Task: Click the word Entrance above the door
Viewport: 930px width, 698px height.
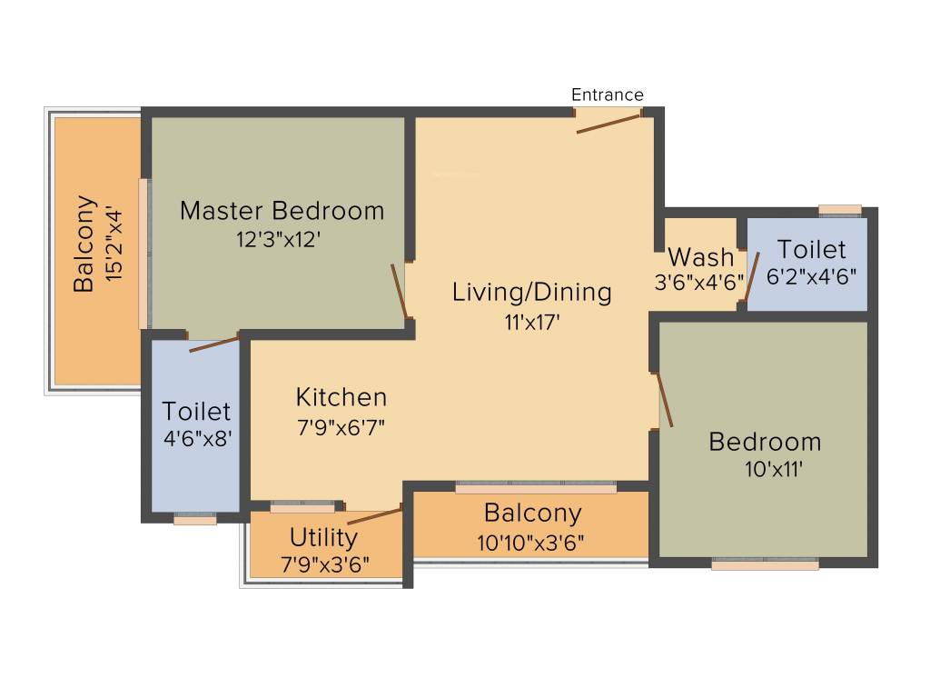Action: click(x=607, y=95)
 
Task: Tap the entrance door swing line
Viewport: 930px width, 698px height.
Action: click(x=608, y=123)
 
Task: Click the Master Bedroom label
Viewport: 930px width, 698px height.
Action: click(x=282, y=211)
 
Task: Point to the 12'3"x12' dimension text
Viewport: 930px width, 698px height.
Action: click(x=278, y=240)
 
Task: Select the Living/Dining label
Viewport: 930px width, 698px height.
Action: click(x=531, y=292)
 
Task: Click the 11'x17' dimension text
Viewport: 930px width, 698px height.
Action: click(x=531, y=321)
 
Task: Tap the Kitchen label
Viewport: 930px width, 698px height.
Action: click(x=341, y=397)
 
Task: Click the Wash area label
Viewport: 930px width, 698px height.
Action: click(x=700, y=256)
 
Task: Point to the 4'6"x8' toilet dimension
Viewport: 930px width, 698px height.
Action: click(x=196, y=436)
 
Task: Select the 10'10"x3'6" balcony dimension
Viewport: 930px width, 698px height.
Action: click(x=531, y=543)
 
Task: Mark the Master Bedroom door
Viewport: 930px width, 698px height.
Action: click(x=399, y=291)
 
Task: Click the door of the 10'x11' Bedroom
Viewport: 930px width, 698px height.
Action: click(x=665, y=400)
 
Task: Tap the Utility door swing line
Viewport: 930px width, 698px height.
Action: click(x=373, y=517)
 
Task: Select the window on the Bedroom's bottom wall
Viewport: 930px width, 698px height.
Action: click(x=765, y=564)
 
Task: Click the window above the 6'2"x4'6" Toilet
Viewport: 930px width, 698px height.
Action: click(x=839, y=210)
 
